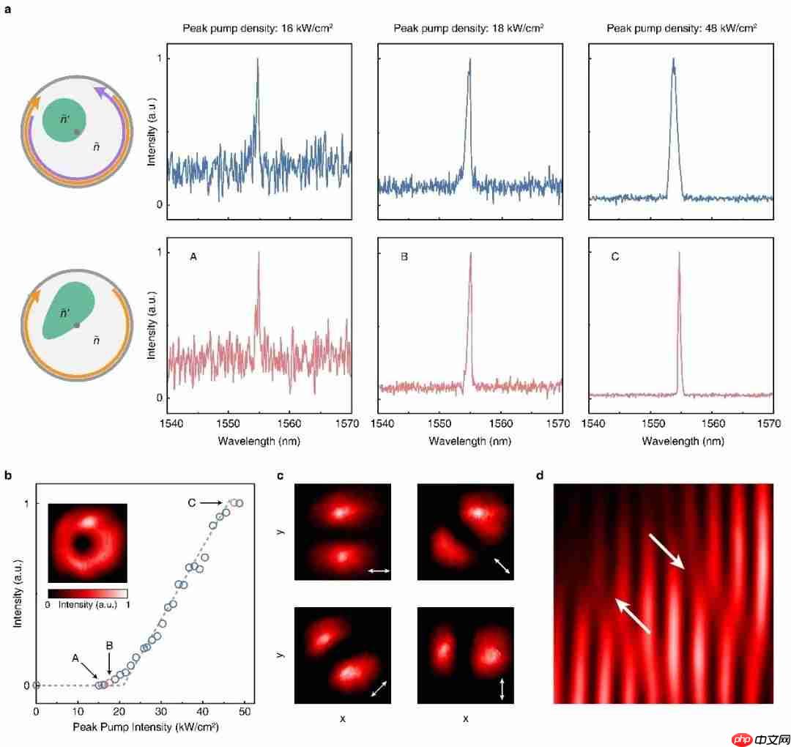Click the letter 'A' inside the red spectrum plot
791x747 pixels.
coord(193,257)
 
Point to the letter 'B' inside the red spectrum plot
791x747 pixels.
coord(404,257)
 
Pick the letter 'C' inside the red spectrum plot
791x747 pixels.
coord(614,257)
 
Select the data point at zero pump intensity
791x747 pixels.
coord(36,685)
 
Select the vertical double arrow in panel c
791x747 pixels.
coord(502,689)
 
